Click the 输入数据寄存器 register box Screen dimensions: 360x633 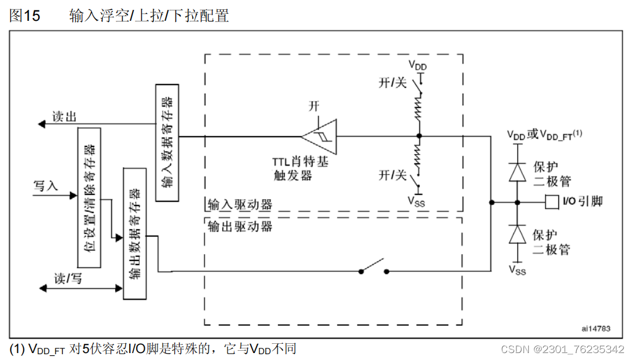pyautogui.click(x=167, y=142)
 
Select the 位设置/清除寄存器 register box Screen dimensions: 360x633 pyautogui.click(x=89, y=197)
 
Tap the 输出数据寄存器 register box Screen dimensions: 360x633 pyautogui.click(x=135, y=233)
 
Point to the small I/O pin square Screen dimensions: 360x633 pyautogui.click(x=551, y=202)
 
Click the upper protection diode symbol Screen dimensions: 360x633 pyautogui.click(x=517, y=172)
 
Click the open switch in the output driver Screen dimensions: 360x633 pyautogui.click(x=373, y=268)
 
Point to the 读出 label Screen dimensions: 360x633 pyautogui.click(x=64, y=116)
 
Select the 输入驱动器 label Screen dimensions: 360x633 pyautogui.click(x=240, y=205)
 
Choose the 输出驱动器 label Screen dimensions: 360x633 pyautogui.click(x=240, y=226)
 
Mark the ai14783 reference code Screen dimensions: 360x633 pyautogui.click(x=594, y=328)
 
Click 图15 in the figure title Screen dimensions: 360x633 pyautogui.click(x=25, y=16)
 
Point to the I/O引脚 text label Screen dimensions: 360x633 pyautogui.click(x=582, y=201)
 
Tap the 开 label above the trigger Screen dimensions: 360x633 pyautogui.click(x=314, y=106)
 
